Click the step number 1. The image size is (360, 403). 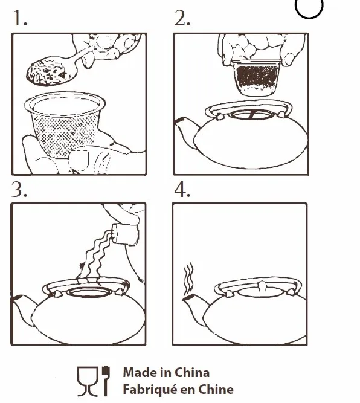20,18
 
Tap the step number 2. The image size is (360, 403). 182,18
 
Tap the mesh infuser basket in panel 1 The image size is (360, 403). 65,124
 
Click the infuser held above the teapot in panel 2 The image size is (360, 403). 257,77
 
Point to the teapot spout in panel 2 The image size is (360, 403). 185,129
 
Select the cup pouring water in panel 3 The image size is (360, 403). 126,234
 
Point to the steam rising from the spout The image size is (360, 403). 188,279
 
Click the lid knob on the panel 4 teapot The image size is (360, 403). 262,286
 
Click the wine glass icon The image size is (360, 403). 88,381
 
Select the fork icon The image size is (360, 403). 106,381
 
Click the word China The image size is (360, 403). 192,373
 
